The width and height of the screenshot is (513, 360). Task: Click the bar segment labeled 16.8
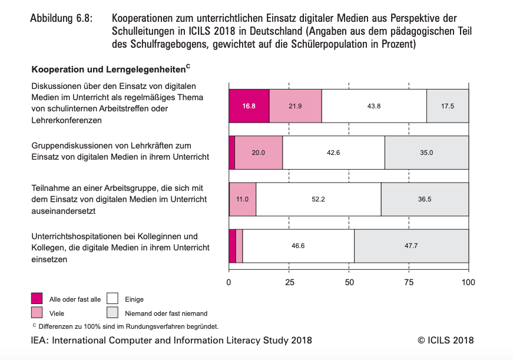coord(249,106)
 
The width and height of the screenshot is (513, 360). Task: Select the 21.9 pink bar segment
coord(295,106)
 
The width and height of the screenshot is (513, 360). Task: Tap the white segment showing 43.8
coord(374,106)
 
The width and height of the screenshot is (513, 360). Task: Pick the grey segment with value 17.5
coord(448,106)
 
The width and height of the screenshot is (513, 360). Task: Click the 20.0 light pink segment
coord(259,153)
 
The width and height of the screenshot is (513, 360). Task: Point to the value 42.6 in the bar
coord(333,153)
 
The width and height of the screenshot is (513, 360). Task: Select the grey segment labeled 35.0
coord(426,153)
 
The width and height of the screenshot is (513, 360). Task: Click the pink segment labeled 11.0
coord(243,199)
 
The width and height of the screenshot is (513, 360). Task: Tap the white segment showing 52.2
coord(319,199)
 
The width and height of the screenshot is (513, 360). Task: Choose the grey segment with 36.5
coord(425,199)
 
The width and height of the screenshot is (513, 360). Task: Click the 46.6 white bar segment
coord(298,246)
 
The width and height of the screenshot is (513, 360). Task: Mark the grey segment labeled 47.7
coord(411,246)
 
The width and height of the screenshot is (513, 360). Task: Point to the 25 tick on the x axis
coord(289,282)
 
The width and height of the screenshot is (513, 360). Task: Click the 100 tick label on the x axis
coord(468,282)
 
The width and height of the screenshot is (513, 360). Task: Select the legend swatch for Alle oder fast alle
coord(38,299)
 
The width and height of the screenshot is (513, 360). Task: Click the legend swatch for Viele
coord(38,313)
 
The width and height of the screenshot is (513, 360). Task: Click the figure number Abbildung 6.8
coord(61,18)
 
